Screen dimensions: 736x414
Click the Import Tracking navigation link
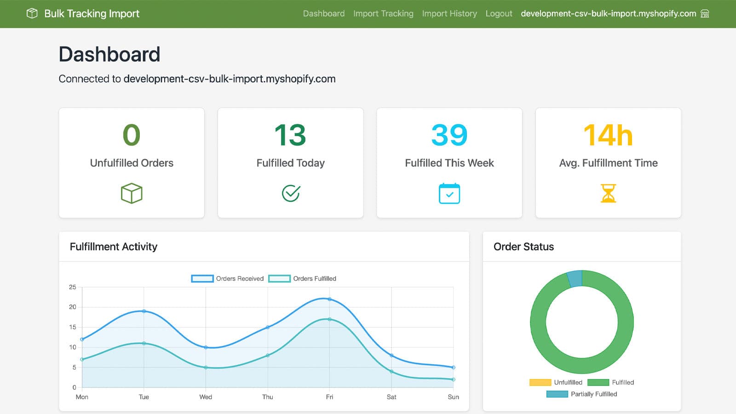383,13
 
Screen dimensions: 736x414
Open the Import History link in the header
449,13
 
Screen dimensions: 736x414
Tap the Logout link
499,13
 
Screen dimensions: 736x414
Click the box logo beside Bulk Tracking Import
32,13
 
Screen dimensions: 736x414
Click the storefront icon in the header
704,13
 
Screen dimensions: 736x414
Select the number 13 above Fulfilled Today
290,135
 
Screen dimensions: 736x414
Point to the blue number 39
449,135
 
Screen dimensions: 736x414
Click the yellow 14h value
608,135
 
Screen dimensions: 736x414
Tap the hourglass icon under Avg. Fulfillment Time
608,193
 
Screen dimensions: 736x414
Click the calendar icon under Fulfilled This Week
449,193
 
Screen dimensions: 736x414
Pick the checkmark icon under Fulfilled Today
291,193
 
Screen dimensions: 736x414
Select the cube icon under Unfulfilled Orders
132,193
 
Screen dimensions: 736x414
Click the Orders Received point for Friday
329,299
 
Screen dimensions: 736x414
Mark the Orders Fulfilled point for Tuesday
144,343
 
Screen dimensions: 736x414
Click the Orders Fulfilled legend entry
302,279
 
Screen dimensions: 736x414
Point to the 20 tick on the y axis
73,307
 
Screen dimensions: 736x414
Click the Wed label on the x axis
206,397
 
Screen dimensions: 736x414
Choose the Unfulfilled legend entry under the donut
556,382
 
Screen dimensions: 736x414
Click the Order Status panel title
524,247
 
